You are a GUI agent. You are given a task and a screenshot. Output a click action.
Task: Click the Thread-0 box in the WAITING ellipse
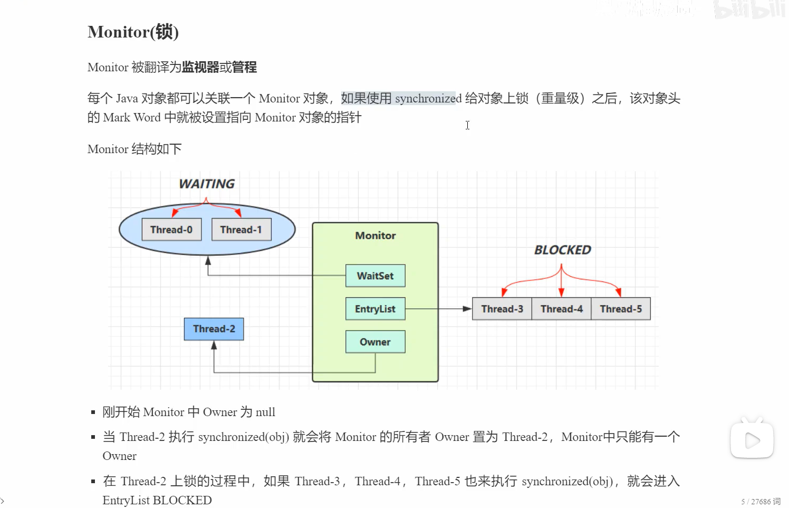tap(171, 230)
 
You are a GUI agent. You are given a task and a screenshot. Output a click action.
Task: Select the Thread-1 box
tap(241, 230)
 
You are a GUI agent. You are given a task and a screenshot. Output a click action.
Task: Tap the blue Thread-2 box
tap(214, 329)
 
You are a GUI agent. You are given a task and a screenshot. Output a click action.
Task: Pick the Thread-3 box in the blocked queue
tap(502, 309)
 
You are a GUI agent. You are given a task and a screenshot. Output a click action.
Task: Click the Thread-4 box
tap(561, 309)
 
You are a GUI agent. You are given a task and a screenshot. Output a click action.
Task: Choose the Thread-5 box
tap(621, 309)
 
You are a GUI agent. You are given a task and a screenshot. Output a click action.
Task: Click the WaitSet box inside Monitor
tap(375, 276)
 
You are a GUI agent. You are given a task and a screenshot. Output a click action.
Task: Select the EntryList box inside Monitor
tap(375, 309)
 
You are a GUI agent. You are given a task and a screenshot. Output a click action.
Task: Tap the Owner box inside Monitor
tap(375, 342)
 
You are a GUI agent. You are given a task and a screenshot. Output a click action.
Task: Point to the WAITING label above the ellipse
tap(207, 184)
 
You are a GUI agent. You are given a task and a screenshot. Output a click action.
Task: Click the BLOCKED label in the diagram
tap(562, 250)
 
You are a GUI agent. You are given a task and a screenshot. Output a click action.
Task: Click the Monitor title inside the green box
tap(375, 236)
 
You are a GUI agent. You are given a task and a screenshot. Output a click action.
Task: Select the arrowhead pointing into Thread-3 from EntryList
tap(467, 309)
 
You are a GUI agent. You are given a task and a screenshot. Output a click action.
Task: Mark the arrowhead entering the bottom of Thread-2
tap(214, 345)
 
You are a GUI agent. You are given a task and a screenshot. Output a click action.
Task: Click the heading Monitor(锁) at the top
tap(133, 32)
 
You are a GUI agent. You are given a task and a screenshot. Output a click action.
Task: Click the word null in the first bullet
tap(265, 412)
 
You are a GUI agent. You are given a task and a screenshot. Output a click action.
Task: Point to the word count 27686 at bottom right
tap(761, 501)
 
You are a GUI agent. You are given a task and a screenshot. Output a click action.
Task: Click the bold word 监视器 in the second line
tap(200, 67)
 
